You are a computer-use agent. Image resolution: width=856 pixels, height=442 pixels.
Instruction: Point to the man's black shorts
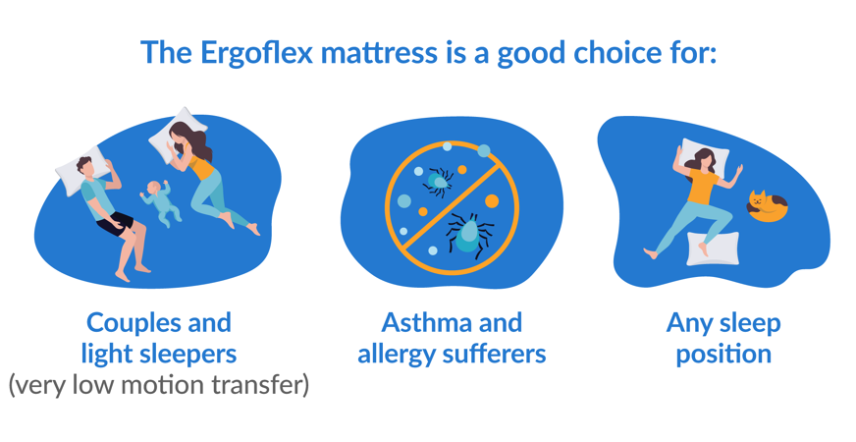(116, 222)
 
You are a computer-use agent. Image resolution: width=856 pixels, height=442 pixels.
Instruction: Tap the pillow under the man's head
(75, 173)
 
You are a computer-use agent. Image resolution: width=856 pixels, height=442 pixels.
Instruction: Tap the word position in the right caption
(723, 354)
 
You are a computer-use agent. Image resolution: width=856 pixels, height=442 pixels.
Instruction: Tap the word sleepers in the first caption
(186, 354)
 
